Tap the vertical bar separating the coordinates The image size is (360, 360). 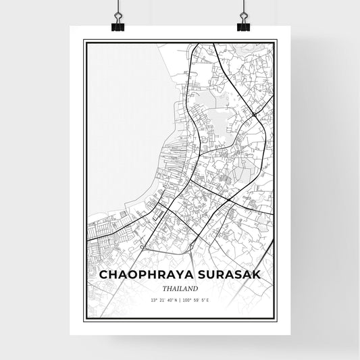pos(179,299)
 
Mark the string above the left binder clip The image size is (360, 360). pos(118,8)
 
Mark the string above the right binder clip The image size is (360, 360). pos(242,8)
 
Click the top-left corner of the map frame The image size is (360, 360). pos(84,41)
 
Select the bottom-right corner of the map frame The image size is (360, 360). pos(276,319)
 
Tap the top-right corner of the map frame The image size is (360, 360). pos(276,41)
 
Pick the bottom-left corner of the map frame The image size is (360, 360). pos(84,319)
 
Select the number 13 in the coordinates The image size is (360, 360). pos(154,299)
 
